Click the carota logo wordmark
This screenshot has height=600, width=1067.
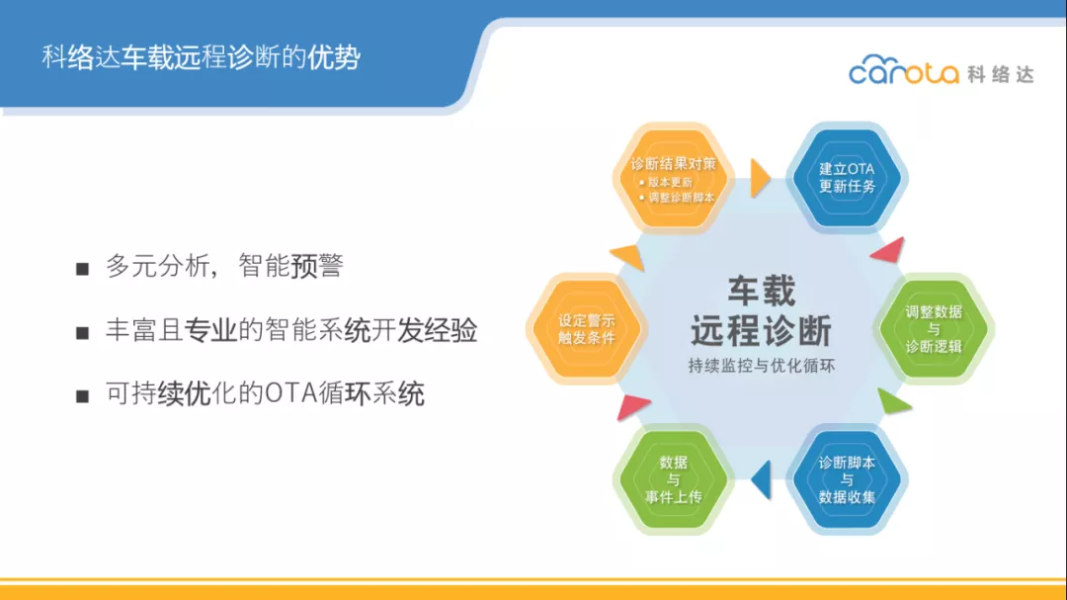coord(904,69)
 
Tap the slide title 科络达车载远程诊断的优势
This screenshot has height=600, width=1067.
coord(201,57)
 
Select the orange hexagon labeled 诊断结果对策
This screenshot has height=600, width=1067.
coord(673,179)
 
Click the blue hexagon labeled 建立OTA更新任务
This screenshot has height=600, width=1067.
coord(847,178)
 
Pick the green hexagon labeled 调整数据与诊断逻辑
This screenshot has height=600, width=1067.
coord(933,329)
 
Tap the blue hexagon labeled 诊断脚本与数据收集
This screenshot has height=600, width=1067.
coord(847,479)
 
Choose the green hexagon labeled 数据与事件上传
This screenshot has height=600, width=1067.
coord(673,479)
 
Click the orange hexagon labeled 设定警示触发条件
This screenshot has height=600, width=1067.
coord(586,329)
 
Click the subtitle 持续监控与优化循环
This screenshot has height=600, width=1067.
coord(762,366)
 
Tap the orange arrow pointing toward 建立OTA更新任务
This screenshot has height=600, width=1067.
coord(760,179)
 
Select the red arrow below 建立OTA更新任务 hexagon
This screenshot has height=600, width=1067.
coord(889,250)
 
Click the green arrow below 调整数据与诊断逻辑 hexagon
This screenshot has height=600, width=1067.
coord(892,402)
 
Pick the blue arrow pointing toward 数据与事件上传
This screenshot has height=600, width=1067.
coord(762,479)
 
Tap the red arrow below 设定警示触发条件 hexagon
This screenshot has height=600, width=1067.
coord(632,406)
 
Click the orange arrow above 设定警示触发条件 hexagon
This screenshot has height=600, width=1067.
coord(629,256)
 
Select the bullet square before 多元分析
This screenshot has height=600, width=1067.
coord(82,269)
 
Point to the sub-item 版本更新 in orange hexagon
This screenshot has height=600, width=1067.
coord(670,182)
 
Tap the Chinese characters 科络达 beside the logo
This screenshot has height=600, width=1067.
coord(1001,73)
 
